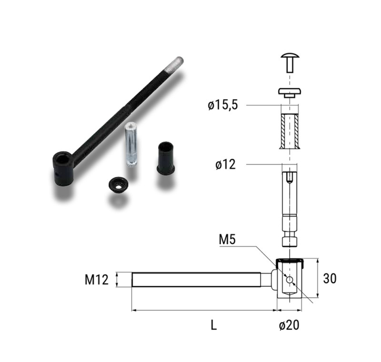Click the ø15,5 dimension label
(222, 105)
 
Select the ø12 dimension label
(225, 165)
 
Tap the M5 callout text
(227, 240)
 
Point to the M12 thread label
(97, 280)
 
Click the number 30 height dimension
(330, 278)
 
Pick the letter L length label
(213, 325)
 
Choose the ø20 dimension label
(289, 325)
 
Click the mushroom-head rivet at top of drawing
(290, 63)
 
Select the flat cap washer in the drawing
(290, 93)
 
